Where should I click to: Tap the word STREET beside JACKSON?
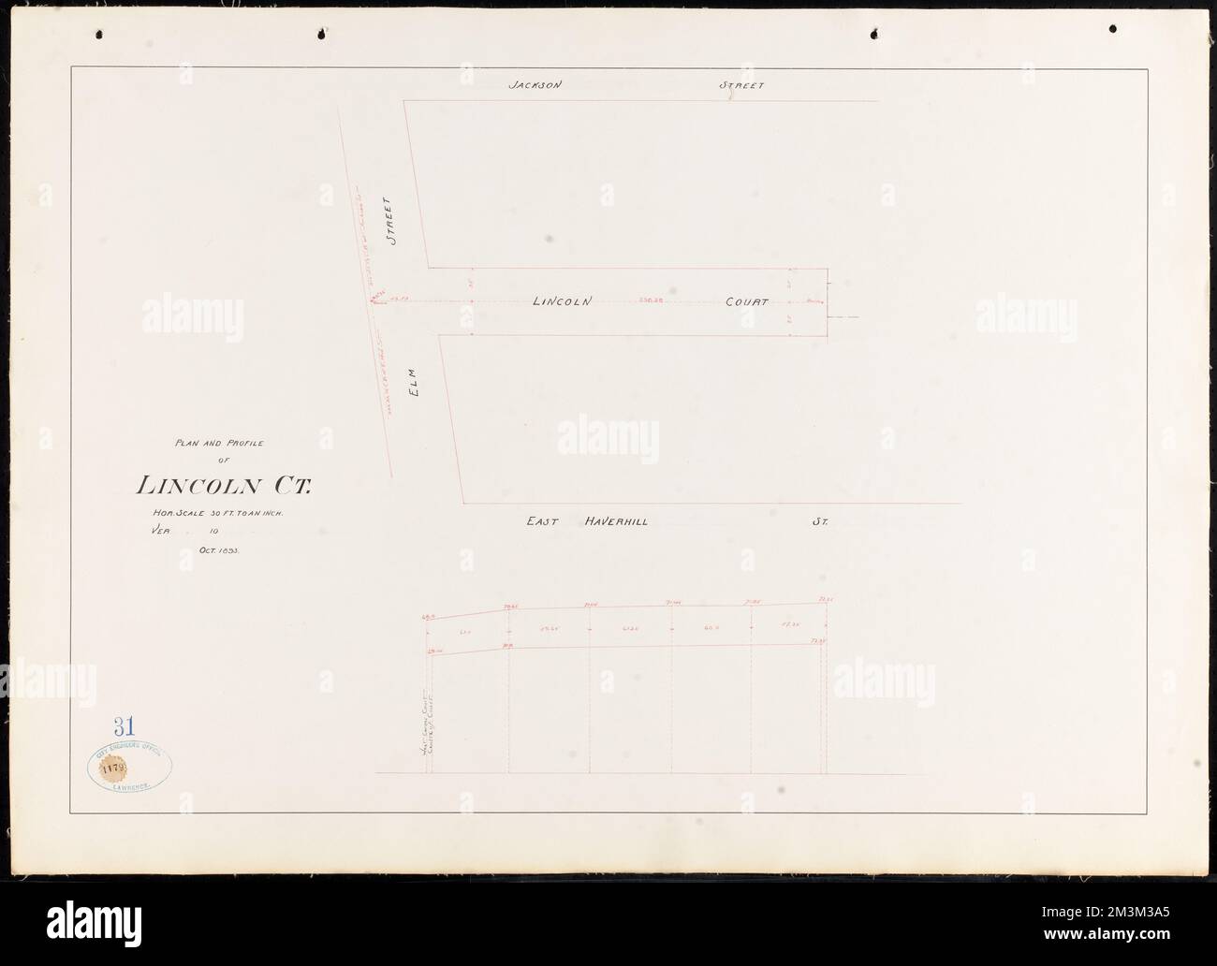(741, 85)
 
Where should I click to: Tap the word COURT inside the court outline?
(746, 302)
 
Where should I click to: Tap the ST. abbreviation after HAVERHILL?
(820, 521)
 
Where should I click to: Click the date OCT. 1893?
(220, 551)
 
